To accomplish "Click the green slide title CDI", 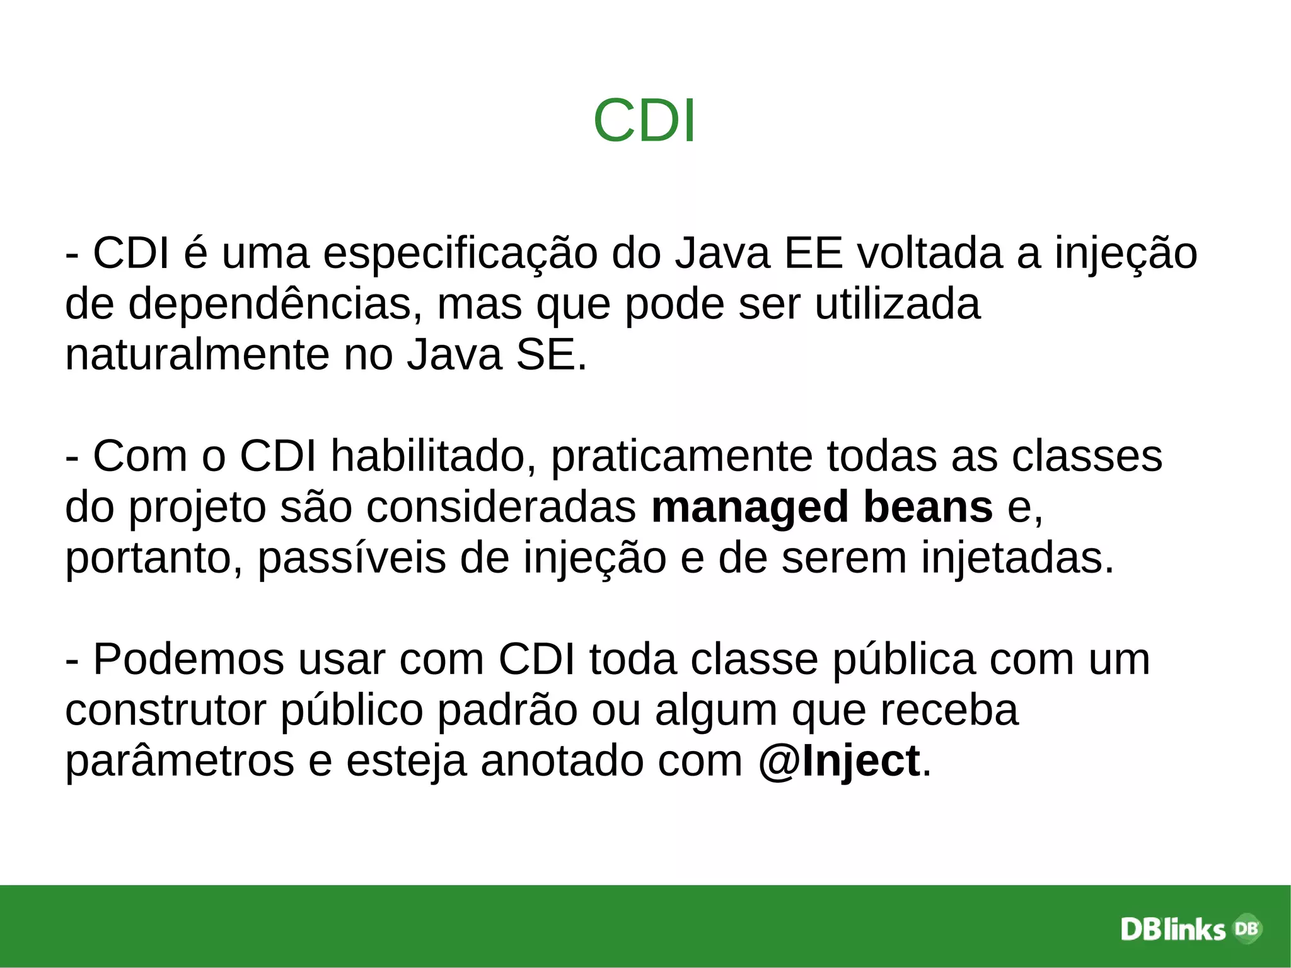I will (644, 120).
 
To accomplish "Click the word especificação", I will (460, 254).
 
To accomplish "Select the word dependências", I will (275, 305).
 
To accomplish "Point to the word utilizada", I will (897, 305).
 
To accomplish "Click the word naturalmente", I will (197, 354).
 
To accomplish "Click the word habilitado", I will (428, 456).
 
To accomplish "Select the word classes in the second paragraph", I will (1087, 456).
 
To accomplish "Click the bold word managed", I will (750, 508).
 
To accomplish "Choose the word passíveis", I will (352, 559).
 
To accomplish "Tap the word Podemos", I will (189, 660).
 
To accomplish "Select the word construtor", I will (166, 710).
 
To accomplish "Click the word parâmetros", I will (180, 762).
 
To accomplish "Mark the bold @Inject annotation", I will (839, 762).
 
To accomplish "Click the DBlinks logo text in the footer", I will (1172, 930).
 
